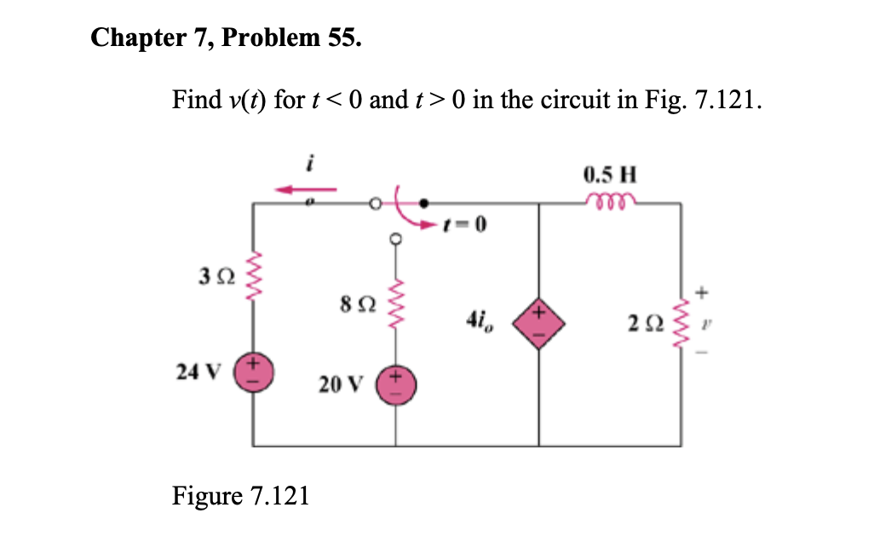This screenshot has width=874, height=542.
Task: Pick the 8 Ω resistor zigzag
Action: click(x=395, y=301)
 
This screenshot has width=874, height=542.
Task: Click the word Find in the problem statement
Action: click(x=197, y=101)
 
